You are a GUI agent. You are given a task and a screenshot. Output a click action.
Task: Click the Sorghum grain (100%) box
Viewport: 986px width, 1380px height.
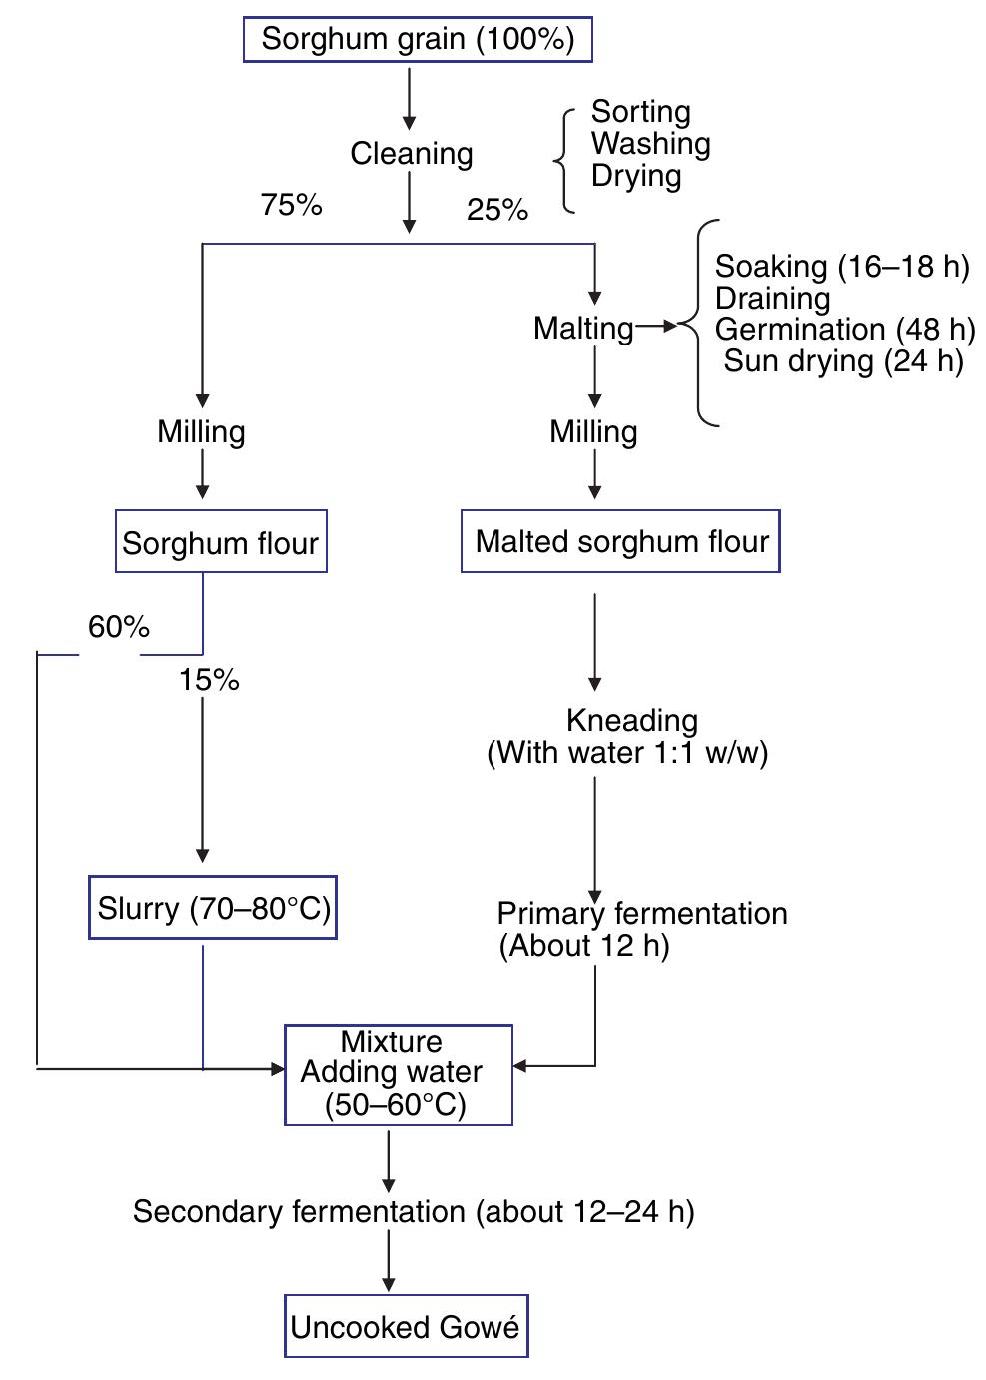click(418, 40)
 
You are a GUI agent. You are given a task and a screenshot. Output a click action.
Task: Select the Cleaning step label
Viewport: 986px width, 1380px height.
click(411, 154)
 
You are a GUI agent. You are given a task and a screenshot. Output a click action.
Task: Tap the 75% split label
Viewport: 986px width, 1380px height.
click(291, 205)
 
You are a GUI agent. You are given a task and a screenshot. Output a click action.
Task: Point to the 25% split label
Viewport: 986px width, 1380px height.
click(497, 210)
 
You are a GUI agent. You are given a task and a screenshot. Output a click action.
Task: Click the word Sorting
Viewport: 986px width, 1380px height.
click(640, 111)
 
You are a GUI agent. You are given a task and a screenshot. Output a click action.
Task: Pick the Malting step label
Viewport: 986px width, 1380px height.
click(583, 328)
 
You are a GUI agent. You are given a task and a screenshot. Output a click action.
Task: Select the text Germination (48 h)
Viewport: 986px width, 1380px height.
click(844, 329)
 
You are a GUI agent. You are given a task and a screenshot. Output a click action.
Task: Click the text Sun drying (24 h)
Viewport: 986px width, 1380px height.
click(843, 360)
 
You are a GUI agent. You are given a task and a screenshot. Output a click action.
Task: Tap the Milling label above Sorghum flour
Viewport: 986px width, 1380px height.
click(201, 431)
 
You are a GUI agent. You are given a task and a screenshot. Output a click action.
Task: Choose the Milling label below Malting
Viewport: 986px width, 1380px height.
click(593, 431)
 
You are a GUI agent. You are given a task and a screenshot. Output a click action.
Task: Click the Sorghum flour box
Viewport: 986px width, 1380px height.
click(221, 542)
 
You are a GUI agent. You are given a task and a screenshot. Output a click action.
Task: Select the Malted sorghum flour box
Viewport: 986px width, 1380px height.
click(620, 541)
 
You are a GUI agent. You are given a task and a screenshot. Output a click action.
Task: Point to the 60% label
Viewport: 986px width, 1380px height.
click(119, 627)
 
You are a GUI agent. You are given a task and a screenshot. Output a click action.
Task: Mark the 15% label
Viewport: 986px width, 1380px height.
click(209, 680)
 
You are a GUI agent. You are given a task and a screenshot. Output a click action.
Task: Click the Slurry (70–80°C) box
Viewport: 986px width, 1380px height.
click(213, 908)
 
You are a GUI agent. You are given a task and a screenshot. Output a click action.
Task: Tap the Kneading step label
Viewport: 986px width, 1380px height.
click(631, 720)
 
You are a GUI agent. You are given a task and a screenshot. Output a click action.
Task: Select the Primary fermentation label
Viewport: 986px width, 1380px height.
click(641, 913)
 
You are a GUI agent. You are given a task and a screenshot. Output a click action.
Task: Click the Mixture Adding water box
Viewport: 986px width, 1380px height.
click(398, 1074)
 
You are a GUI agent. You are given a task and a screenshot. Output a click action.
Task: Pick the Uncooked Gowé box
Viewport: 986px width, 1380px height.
click(406, 1326)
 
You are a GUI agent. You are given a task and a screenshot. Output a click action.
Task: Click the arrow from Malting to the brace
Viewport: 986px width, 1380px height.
click(656, 326)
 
